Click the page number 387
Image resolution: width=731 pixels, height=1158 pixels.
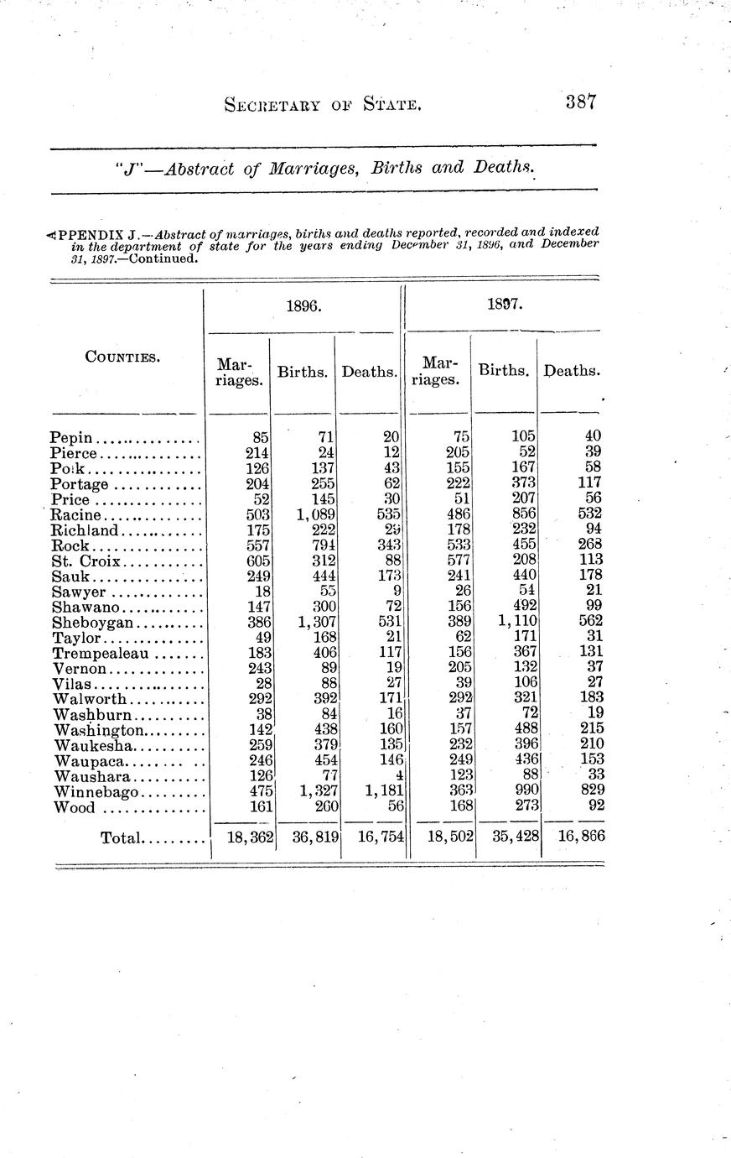(x=579, y=103)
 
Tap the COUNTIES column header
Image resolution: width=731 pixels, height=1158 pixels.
(x=122, y=357)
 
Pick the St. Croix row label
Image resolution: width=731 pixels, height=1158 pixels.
(x=86, y=560)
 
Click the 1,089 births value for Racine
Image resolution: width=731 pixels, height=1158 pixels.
(x=316, y=514)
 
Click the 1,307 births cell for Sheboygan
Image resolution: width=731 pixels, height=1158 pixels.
(x=316, y=622)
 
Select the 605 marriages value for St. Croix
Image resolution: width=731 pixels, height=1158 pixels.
(x=254, y=560)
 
